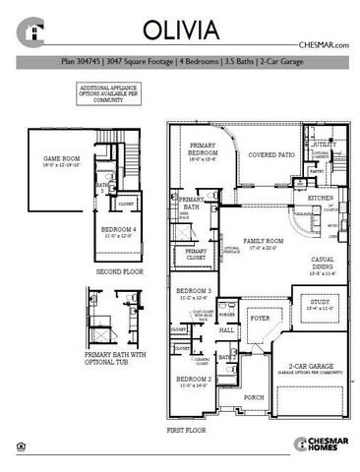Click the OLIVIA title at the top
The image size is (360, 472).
pos(179,29)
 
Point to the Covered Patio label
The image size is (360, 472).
pos(272,155)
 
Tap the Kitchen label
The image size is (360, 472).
pos(322,198)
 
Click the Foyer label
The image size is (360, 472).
pos(260,320)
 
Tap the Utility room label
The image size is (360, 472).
pos(325,145)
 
